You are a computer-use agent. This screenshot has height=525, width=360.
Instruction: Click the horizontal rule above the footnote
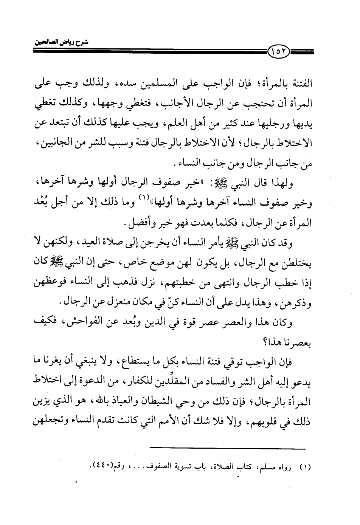click(227, 449)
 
